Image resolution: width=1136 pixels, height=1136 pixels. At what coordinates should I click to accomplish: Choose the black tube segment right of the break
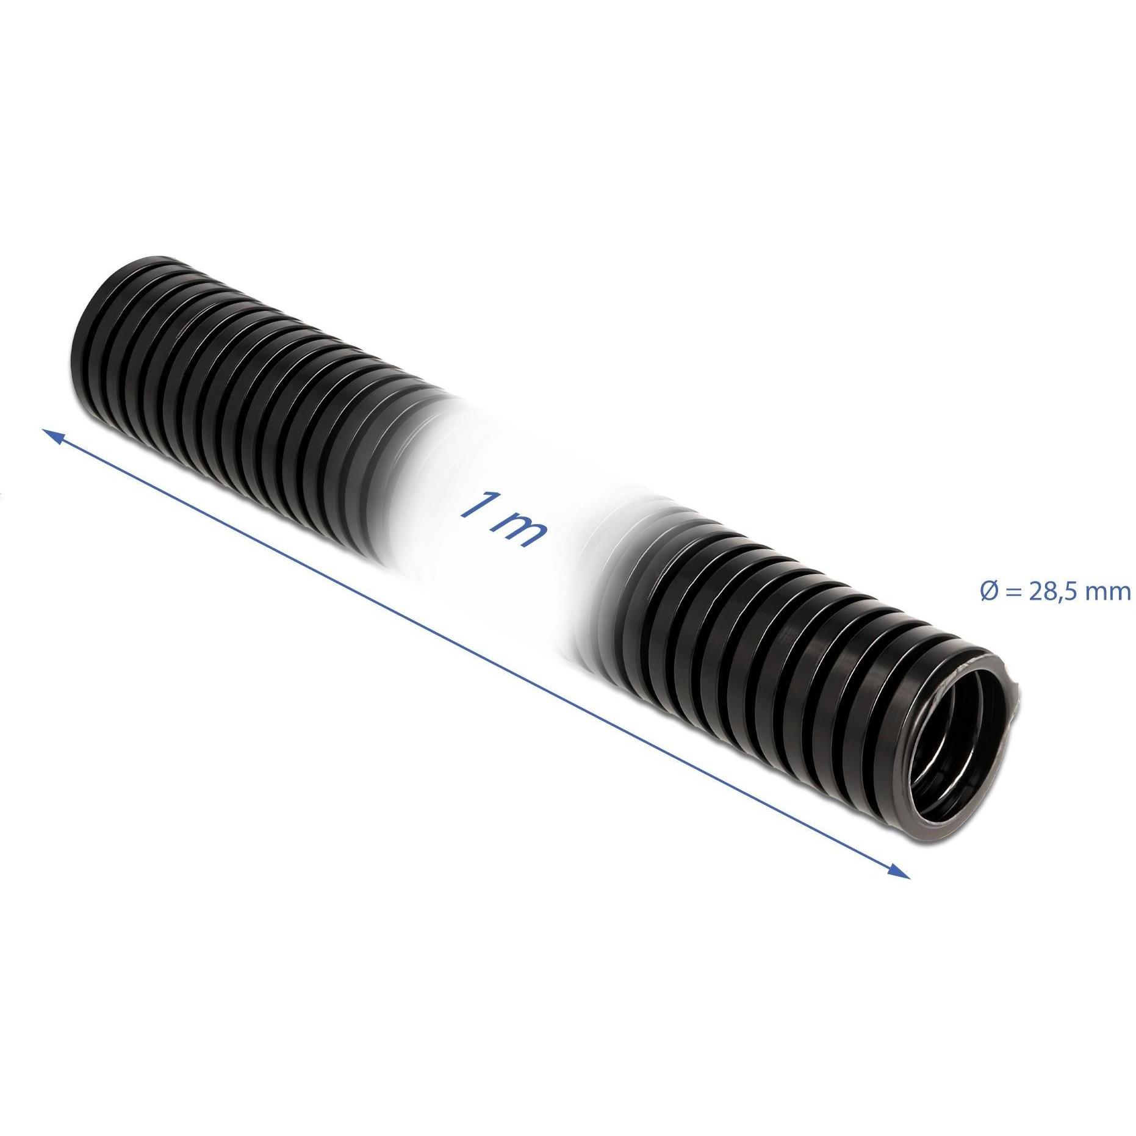tap(763, 659)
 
